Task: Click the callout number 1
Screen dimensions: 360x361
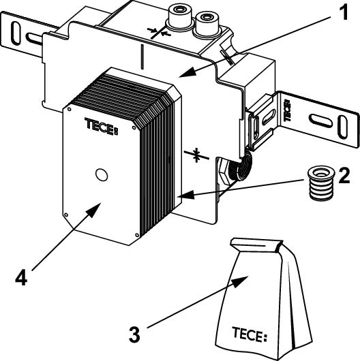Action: point(344,12)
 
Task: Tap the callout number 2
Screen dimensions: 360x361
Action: point(344,176)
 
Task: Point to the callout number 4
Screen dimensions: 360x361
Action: point(21,277)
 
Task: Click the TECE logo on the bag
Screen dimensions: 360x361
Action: point(250,334)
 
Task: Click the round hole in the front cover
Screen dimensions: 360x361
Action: point(102,175)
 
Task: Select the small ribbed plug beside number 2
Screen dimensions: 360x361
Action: point(321,183)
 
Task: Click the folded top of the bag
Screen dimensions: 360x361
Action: point(256,245)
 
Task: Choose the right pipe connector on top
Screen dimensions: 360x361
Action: point(207,23)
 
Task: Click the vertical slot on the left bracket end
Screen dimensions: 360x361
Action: point(16,33)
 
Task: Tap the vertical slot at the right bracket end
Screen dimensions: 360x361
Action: point(342,127)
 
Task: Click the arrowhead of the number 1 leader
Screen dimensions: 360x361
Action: point(187,72)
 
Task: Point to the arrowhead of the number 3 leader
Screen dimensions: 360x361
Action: point(240,281)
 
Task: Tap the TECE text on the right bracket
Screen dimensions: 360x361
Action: point(288,110)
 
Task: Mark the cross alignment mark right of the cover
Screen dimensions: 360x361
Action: point(196,155)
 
